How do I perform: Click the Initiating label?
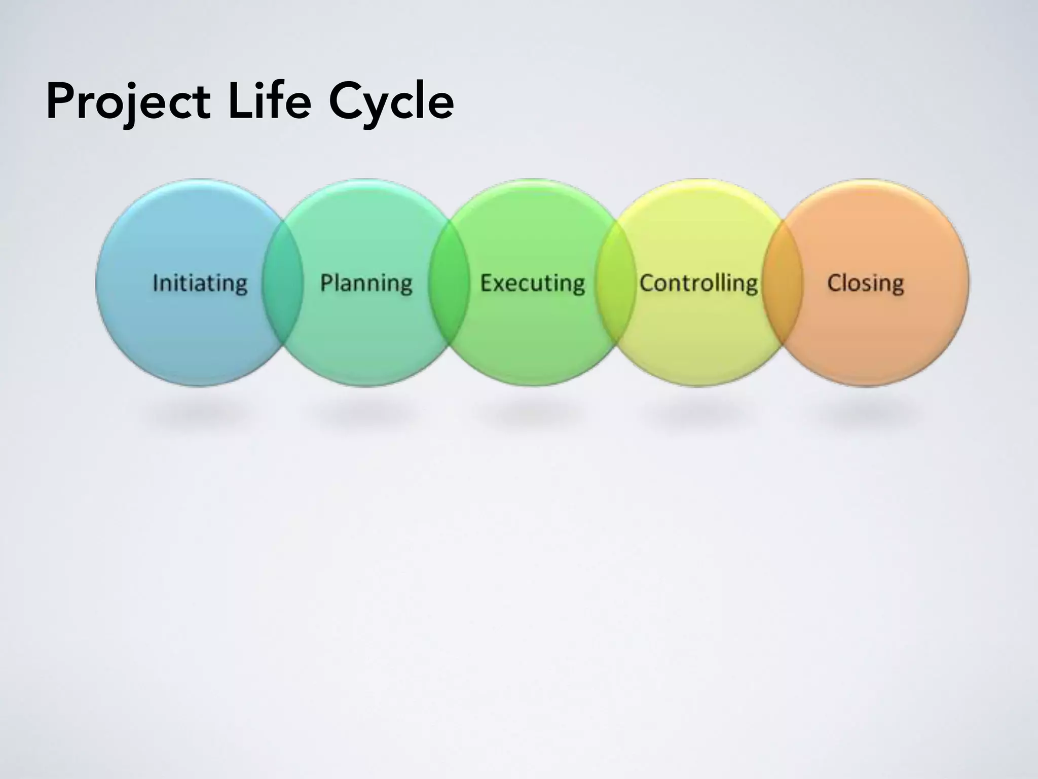pos(200,283)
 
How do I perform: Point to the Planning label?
pos(366,283)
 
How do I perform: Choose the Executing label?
pos(532,283)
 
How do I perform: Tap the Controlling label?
pos(698,283)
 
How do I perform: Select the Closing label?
pos(865,283)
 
